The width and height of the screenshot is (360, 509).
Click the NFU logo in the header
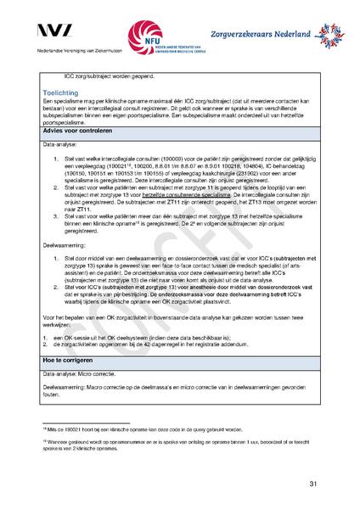(158, 39)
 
